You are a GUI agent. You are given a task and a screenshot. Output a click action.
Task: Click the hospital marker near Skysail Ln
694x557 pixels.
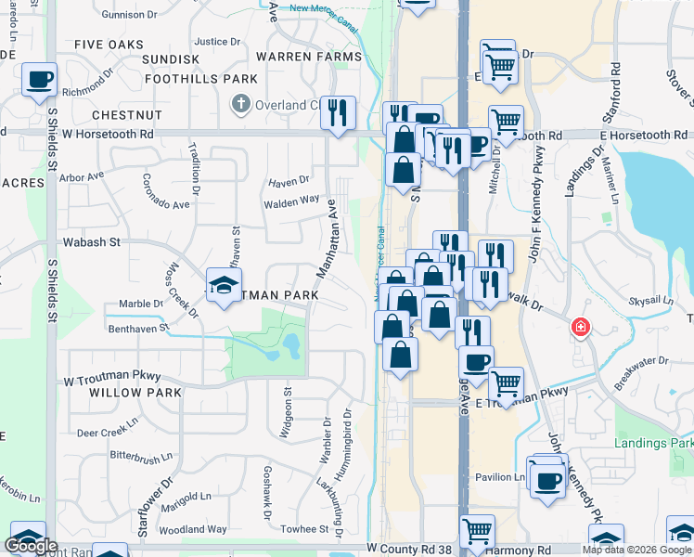point(580,327)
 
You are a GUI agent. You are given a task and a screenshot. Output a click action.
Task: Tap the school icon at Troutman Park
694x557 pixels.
point(223,286)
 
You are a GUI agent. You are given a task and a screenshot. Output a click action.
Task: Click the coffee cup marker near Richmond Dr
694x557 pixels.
point(39,80)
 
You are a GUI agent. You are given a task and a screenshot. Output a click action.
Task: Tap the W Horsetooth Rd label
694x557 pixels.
point(108,135)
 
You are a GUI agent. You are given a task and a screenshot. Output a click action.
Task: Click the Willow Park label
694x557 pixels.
point(135,393)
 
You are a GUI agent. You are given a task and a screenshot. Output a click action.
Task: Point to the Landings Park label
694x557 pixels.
point(653,442)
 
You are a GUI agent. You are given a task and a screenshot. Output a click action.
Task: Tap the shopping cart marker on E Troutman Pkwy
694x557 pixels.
point(506,382)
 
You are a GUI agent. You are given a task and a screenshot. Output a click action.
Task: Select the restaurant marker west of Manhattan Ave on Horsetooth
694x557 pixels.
point(338,113)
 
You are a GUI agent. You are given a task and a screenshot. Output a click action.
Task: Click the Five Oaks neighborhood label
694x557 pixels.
point(109,45)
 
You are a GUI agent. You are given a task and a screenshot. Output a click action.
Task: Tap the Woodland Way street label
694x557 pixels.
point(192,529)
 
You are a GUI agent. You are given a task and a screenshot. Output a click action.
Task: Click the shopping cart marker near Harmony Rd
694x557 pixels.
point(477,532)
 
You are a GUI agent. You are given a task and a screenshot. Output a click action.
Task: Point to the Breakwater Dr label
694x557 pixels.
point(640,362)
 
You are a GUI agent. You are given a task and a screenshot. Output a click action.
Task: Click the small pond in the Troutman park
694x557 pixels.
point(291,346)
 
